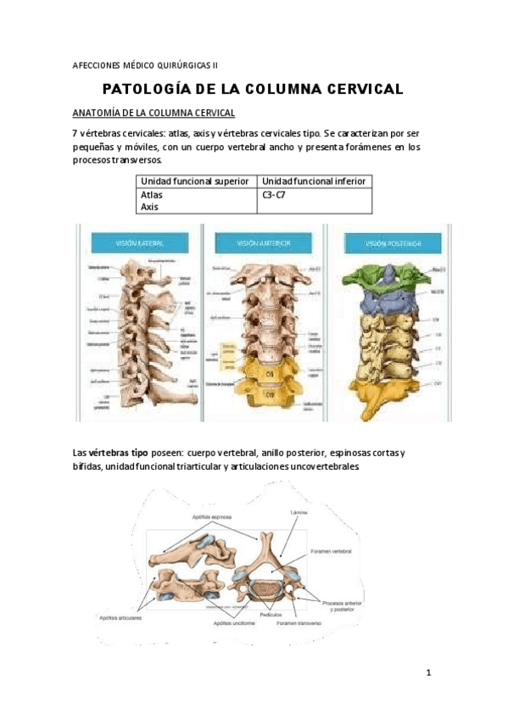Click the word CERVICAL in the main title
[x=351, y=89]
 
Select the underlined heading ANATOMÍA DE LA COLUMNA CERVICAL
[x=154, y=113]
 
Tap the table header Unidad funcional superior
[x=194, y=181]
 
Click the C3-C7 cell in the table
[x=275, y=194]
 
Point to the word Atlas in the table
[x=152, y=194]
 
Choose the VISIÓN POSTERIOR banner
[x=393, y=243]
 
